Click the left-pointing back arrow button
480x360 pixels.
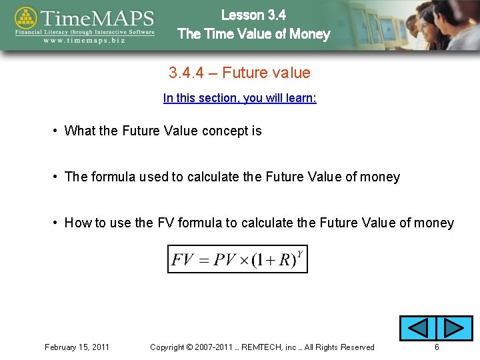[x=417, y=328]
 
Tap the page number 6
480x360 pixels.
[x=437, y=347]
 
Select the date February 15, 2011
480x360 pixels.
[x=77, y=347]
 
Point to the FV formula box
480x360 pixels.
[x=237, y=259]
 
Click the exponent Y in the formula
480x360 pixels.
[x=300, y=253]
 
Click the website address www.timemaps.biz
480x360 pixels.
[x=85, y=39]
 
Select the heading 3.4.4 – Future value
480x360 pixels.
[x=239, y=73]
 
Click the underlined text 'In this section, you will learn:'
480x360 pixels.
[x=239, y=98]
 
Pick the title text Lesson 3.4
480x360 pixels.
[x=253, y=15]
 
